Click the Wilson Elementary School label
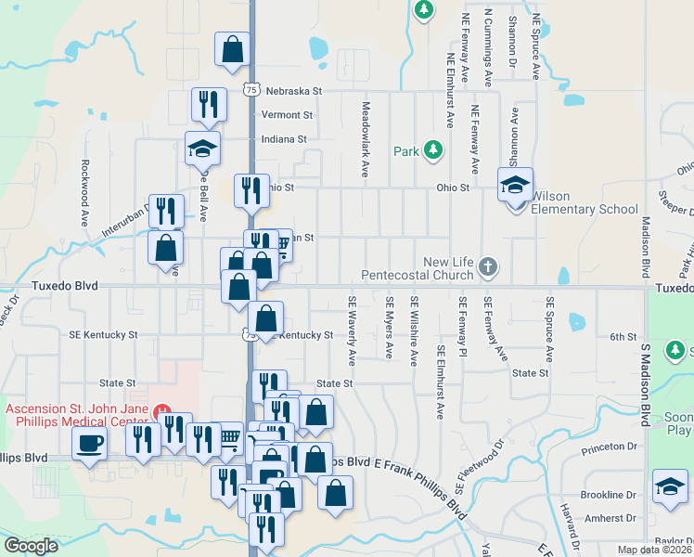click(x=584, y=202)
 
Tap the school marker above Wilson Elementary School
click(x=515, y=184)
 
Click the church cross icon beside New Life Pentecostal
click(x=489, y=268)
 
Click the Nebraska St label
click(x=292, y=91)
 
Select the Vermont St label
click(x=287, y=115)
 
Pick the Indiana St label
click(x=284, y=139)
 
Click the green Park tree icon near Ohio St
click(x=431, y=150)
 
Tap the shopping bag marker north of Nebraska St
click(x=231, y=50)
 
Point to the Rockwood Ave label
click(x=84, y=194)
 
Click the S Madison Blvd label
click(x=642, y=385)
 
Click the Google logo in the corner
click(x=31, y=546)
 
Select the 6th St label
click(x=624, y=336)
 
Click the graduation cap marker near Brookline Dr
click(x=670, y=486)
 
